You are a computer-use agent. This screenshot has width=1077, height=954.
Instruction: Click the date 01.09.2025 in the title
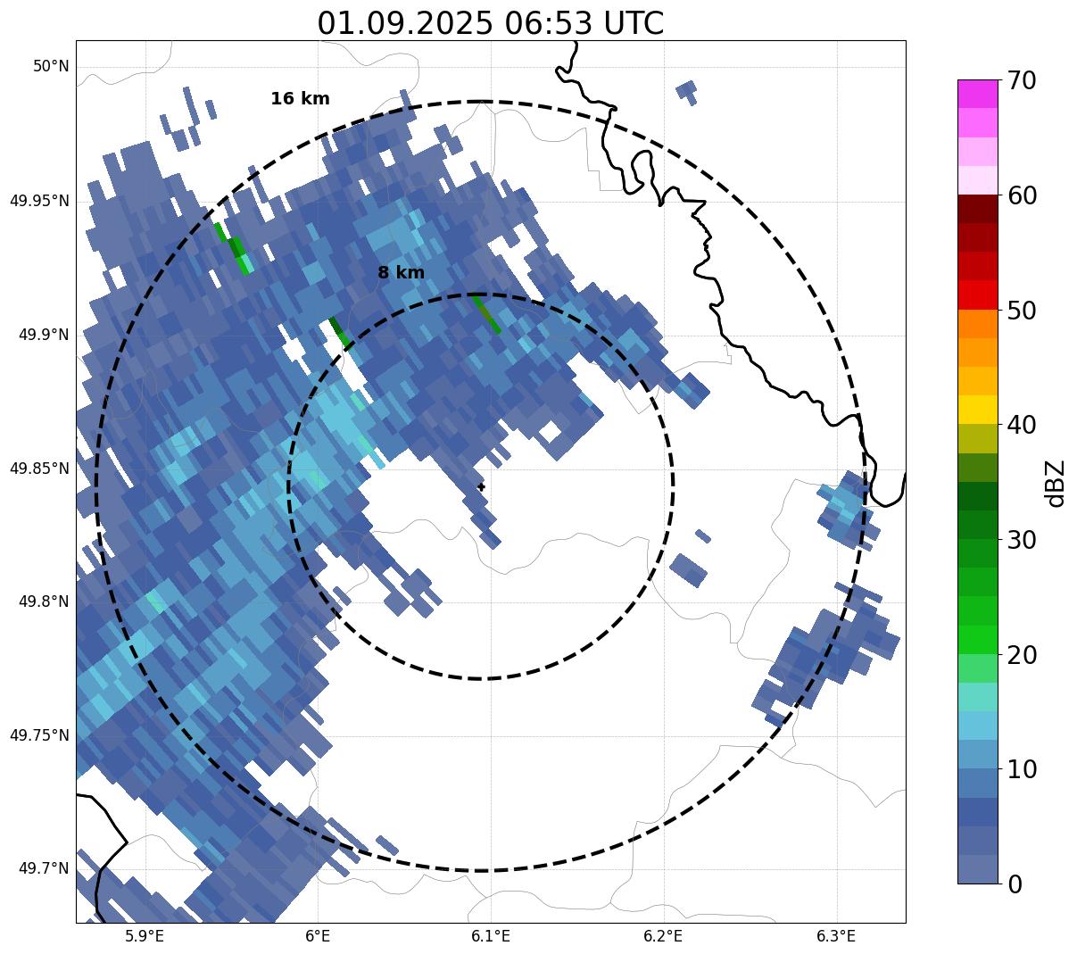pos(404,23)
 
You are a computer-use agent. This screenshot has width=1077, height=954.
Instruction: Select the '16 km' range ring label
pos(300,99)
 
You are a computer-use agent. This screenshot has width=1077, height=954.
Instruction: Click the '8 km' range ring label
pos(401,273)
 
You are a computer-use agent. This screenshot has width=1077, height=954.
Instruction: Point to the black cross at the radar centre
pos(481,486)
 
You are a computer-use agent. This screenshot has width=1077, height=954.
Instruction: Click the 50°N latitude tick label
pos(51,67)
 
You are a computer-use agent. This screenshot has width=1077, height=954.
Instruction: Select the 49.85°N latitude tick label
pos(39,469)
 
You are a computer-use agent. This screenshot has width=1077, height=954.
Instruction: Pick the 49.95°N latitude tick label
pos(39,201)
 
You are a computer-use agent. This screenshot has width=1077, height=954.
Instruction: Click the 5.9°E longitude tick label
pos(145,936)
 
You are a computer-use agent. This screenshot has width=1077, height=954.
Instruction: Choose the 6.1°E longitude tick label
pos(491,936)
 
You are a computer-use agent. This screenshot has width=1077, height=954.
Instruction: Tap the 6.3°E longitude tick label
pos(836,936)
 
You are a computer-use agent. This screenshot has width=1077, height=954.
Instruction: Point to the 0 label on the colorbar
pos(1015,884)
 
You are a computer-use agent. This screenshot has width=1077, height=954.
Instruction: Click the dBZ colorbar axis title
pos(1056,483)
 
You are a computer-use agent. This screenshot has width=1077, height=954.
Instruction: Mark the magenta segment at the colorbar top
pos(977,94)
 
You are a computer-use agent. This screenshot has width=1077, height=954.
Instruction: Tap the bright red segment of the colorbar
pos(977,295)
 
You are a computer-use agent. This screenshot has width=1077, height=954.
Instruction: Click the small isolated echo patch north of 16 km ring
pos(687,91)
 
